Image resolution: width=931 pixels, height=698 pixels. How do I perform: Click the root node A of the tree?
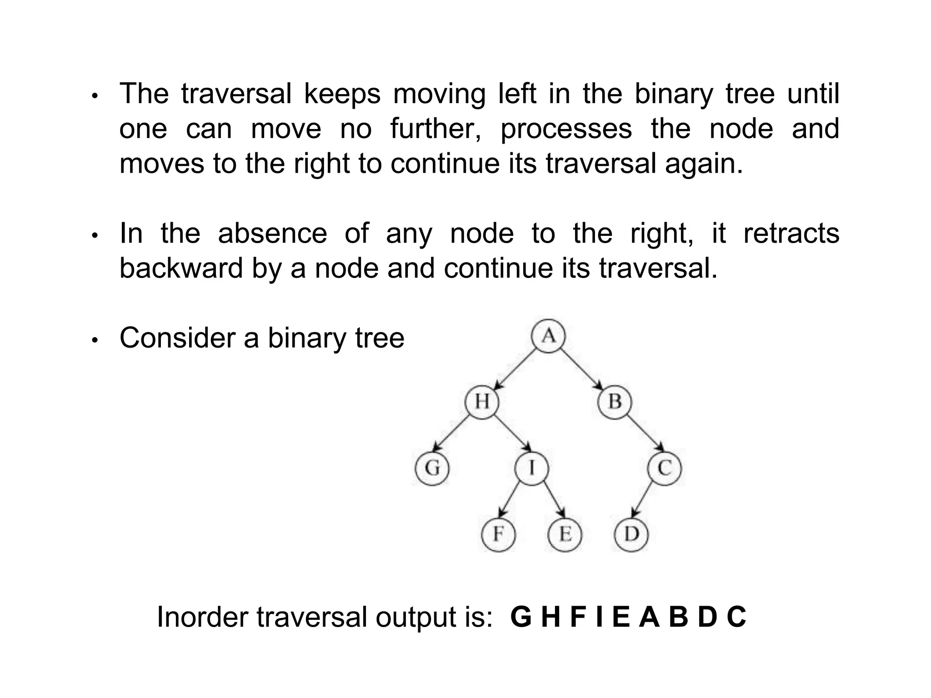click(x=549, y=336)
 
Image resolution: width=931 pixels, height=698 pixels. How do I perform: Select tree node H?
click(x=482, y=402)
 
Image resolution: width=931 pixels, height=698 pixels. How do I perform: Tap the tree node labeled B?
click(x=615, y=402)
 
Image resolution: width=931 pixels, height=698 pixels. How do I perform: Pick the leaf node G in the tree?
click(x=432, y=468)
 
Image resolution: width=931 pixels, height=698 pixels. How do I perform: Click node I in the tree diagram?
click(x=531, y=468)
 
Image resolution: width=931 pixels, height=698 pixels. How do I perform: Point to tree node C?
click(x=665, y=468)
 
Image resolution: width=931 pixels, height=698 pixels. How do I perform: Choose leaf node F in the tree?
click(x=498, y=534)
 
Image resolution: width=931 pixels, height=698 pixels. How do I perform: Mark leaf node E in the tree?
click(x=565, y=534)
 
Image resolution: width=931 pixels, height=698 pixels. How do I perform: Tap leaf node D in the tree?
click(x=631, y=534)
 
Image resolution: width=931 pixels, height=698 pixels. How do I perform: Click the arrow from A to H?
click(x=516, y=369)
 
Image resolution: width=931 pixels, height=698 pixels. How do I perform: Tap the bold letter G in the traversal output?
click(x=521, y=618)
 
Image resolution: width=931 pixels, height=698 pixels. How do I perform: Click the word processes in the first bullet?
click(x=566, y=129)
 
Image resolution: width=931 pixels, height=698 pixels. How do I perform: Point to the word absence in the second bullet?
click(x=272, y=234)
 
